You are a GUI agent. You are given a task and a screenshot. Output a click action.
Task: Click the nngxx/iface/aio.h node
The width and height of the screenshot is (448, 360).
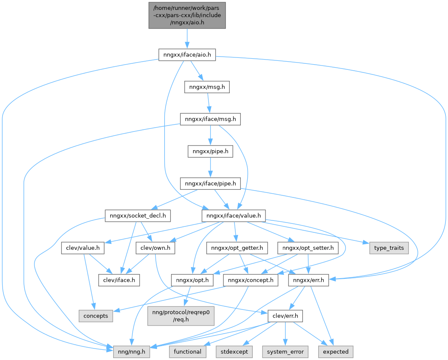pyautogui.click(x=187, y=55)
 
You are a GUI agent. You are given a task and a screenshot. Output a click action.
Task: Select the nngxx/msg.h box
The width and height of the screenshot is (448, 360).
pyautogui.click(x=207, y=87)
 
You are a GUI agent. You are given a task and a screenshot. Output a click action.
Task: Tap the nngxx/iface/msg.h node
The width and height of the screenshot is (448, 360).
pyautogui.click(x=211, y=120)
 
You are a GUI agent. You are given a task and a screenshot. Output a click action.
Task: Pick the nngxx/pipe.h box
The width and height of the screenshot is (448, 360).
pyautogui.click(x=211, y=151)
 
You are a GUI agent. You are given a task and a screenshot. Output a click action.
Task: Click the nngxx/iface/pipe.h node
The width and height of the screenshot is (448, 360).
pyautogui.click(x=211, y=184)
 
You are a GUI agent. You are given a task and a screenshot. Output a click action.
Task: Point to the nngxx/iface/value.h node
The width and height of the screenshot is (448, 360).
pyautogui.click(x=234, y=216)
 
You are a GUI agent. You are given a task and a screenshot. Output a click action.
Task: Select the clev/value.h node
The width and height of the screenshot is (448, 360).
pyautogui.click(x=83, y=248)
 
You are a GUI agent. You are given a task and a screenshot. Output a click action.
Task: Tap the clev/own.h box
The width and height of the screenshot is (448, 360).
pyautogui.click(x=155, y=248)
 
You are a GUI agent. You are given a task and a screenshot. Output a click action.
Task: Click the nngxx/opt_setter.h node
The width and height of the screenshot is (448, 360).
pyautogui.click(x=307, y=248)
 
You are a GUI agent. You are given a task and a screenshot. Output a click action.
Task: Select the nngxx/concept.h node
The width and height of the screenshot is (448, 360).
pyautogui.click(x=251, y=280)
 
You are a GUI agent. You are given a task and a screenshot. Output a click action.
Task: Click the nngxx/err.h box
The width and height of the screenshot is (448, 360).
pyautogui.click(x=308, y=280)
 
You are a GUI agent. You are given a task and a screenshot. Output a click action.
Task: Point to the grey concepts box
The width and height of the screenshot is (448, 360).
pyautogui.click(x=96, y=316)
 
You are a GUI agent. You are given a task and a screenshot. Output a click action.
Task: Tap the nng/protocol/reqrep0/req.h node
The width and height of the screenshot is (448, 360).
pyautogui.click(x=181, y=316)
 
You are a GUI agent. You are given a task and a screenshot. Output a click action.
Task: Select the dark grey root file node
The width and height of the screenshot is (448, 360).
pyautogui.click(x=187, y=15)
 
